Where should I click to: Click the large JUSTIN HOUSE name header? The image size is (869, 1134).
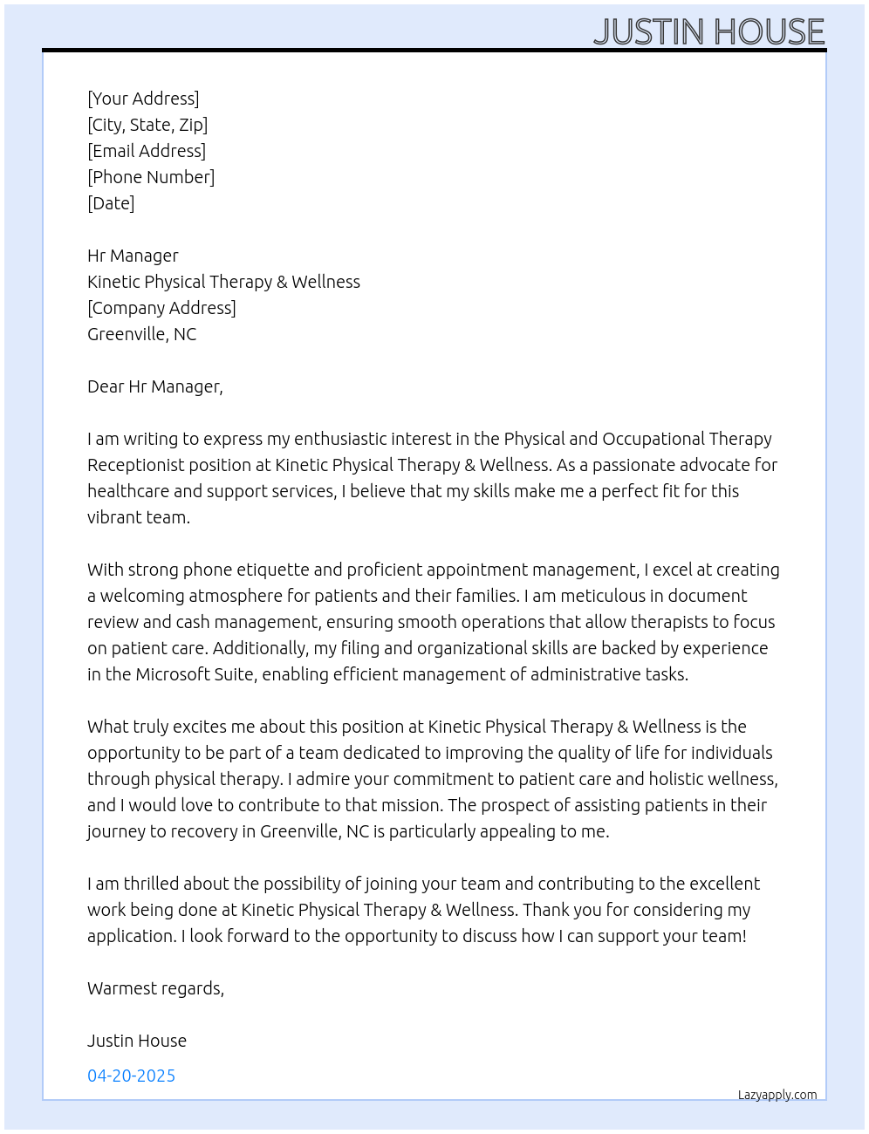[708, 32]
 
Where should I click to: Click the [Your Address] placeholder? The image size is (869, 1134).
[143, 99]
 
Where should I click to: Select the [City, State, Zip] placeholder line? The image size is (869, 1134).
[147, 125]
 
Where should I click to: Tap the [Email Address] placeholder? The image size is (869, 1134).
[147, 151]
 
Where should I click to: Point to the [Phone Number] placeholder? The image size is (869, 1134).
[151, 177]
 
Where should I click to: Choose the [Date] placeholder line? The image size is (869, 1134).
[111, 203]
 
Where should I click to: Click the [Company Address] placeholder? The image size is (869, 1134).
[161, 308]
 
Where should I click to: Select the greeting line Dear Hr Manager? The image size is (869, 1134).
[155, 386]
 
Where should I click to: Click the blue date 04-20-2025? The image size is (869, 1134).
[131, 1076]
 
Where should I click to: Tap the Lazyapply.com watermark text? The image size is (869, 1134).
[777, 1095]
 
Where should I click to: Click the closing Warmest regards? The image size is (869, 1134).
[155, 988]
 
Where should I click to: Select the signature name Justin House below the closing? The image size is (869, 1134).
[137, 1041]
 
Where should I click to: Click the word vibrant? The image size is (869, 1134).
[115, 517]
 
